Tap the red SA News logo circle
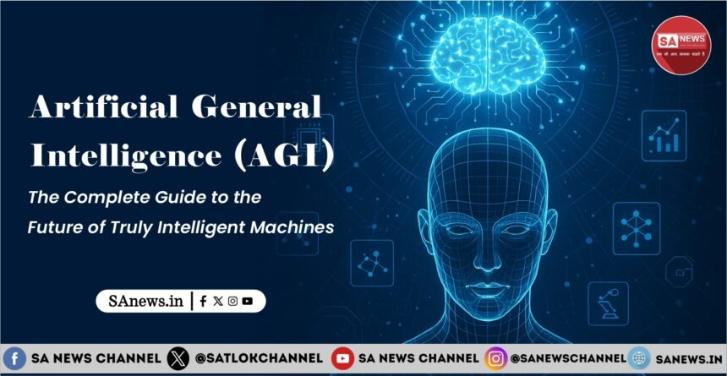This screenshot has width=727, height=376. (x=681, y=45)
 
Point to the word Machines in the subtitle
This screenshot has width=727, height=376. (x=291, y=227)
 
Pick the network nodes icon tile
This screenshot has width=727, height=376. (x=636, y=226)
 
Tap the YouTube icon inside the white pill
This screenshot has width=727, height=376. (x=247, y=301)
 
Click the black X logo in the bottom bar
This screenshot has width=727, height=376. (x=178, y=358)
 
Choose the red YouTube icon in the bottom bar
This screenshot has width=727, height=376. (x=342, y=358)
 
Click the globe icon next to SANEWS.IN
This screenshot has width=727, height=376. (x=639, y=358)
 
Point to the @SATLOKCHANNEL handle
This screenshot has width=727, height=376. (x=259, y=358)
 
